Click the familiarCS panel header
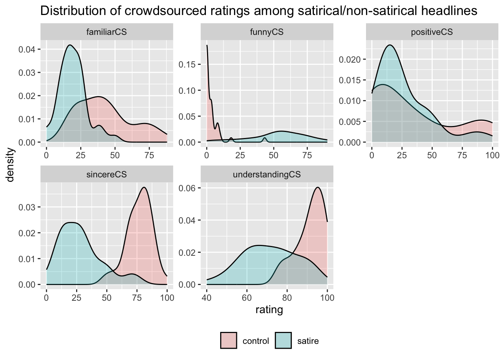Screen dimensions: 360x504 (x=106, y=32)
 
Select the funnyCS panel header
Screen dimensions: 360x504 (x=267, y=32)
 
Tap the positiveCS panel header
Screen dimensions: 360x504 (x=432, y=32)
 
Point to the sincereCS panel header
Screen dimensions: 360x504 (x=106, y=174)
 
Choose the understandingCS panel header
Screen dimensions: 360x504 (x=267, y=174)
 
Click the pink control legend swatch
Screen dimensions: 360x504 (x=228, y=340)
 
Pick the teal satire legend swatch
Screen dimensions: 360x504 (x=283, y=340)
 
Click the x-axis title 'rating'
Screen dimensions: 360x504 (x=269, y=310)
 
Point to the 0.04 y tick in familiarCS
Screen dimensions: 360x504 (x=27, y=49)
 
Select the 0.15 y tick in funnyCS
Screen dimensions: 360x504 (x=187, y=64)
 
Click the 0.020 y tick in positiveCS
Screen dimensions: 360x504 (x=349, y=59)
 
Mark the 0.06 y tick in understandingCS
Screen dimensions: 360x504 (x=187, y=188)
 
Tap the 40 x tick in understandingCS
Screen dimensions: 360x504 (x=207, y=298)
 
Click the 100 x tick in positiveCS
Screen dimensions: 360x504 (x=492, y=156)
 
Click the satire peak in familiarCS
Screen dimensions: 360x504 (x=70, y=45)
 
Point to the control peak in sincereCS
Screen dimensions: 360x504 (x=144, y=187)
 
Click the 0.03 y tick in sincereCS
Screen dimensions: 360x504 (x=27, y=207)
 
